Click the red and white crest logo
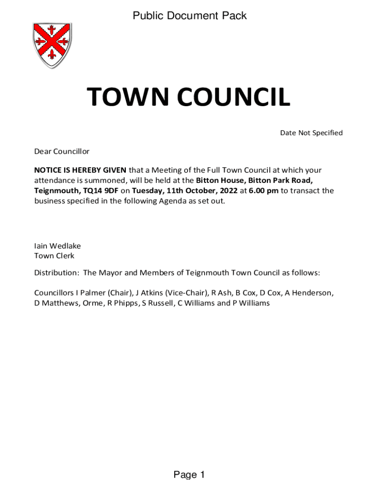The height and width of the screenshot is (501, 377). pyautogui.click(x=52, y=46)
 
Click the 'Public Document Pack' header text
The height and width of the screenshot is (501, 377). pyautogui.click(x=189, y=16)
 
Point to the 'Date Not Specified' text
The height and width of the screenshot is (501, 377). pyautogui.click(x=311, y=133)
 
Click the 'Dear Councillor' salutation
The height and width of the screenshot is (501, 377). pyautogui.click(x=62, y=152)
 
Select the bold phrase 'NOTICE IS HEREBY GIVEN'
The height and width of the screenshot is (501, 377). pyautogui.click(x=80, y=170)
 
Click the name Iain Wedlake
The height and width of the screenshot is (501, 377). pyautogui.click(x=57, y=246)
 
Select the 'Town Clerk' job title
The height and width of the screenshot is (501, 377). pyautogui.click(x=54, y=256)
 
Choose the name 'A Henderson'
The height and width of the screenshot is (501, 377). pyautogui.click(x=309, y=293)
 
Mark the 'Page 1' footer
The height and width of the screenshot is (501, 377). pyautogui.click(x=188, y=475)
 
